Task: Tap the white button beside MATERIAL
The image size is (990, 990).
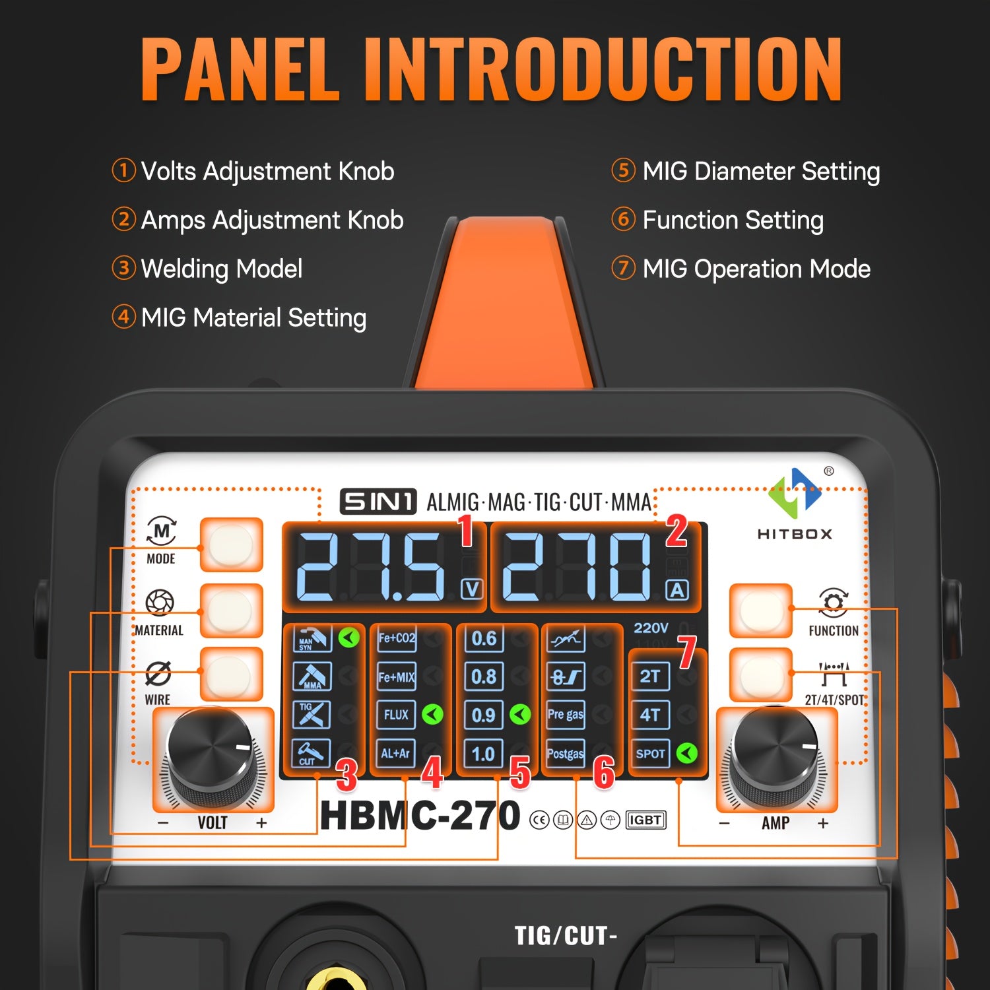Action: click(231, 610)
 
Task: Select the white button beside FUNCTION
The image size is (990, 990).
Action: click(760, 610)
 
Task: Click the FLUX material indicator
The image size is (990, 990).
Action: click(396, 715)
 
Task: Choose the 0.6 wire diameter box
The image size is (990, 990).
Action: click(484, 638)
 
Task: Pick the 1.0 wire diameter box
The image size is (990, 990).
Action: click(484, 754)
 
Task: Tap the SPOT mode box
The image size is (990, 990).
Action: click(650, 754)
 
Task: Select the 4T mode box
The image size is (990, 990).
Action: click(650, 715)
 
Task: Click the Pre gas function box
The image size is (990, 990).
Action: click(566, 715)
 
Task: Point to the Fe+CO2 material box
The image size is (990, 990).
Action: click(396, 638)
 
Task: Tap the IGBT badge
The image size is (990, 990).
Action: click(645, 820)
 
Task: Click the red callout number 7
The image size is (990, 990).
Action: click(686, 652)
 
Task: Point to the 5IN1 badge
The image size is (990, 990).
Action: click(378, 502)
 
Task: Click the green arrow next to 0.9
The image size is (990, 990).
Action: click(520, 714)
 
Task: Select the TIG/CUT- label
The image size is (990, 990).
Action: click(566, 935)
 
